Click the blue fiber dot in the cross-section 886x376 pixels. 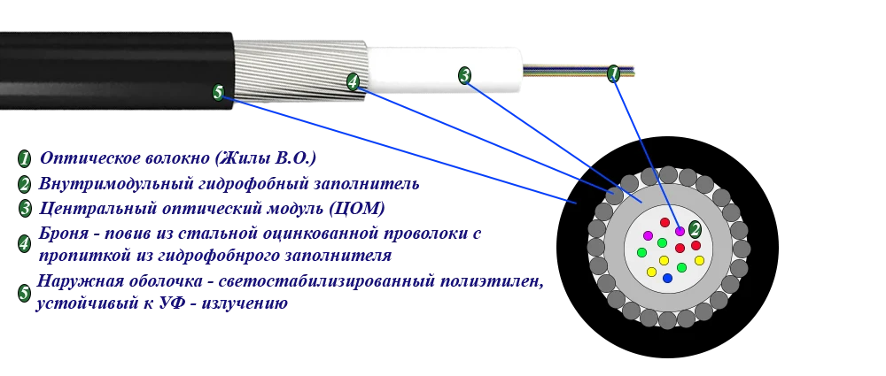pyautogui.click(x=667, y=278)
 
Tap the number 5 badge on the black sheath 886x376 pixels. pyautogui.click(x=219, y=92)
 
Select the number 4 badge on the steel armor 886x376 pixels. pyautogui.click(x=353, y=82)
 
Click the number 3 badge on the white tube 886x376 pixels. pyautogui.click(x=464, y=75)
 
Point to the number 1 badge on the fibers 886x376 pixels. pyautogui.click(x=614, y=73)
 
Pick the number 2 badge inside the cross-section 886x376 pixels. pyautogui.click(x=695, y=229)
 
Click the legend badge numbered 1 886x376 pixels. pyautogui.click(x=24, y=159)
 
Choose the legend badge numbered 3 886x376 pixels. pyautogui.click(x=25, y=208)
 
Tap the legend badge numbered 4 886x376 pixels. pyautogui.click(x=24, y=244)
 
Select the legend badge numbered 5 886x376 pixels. pyautogui.click(x=24, y=293)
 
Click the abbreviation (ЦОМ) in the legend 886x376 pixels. pyautogui.click(x=357, y=208)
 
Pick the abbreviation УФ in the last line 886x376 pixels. pyautogui.click(x=169, y=303)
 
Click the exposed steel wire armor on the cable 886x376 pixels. pyautogui.click(x=299, y=71)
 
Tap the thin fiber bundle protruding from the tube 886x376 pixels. pyautogui.click(x=578, y=71)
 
